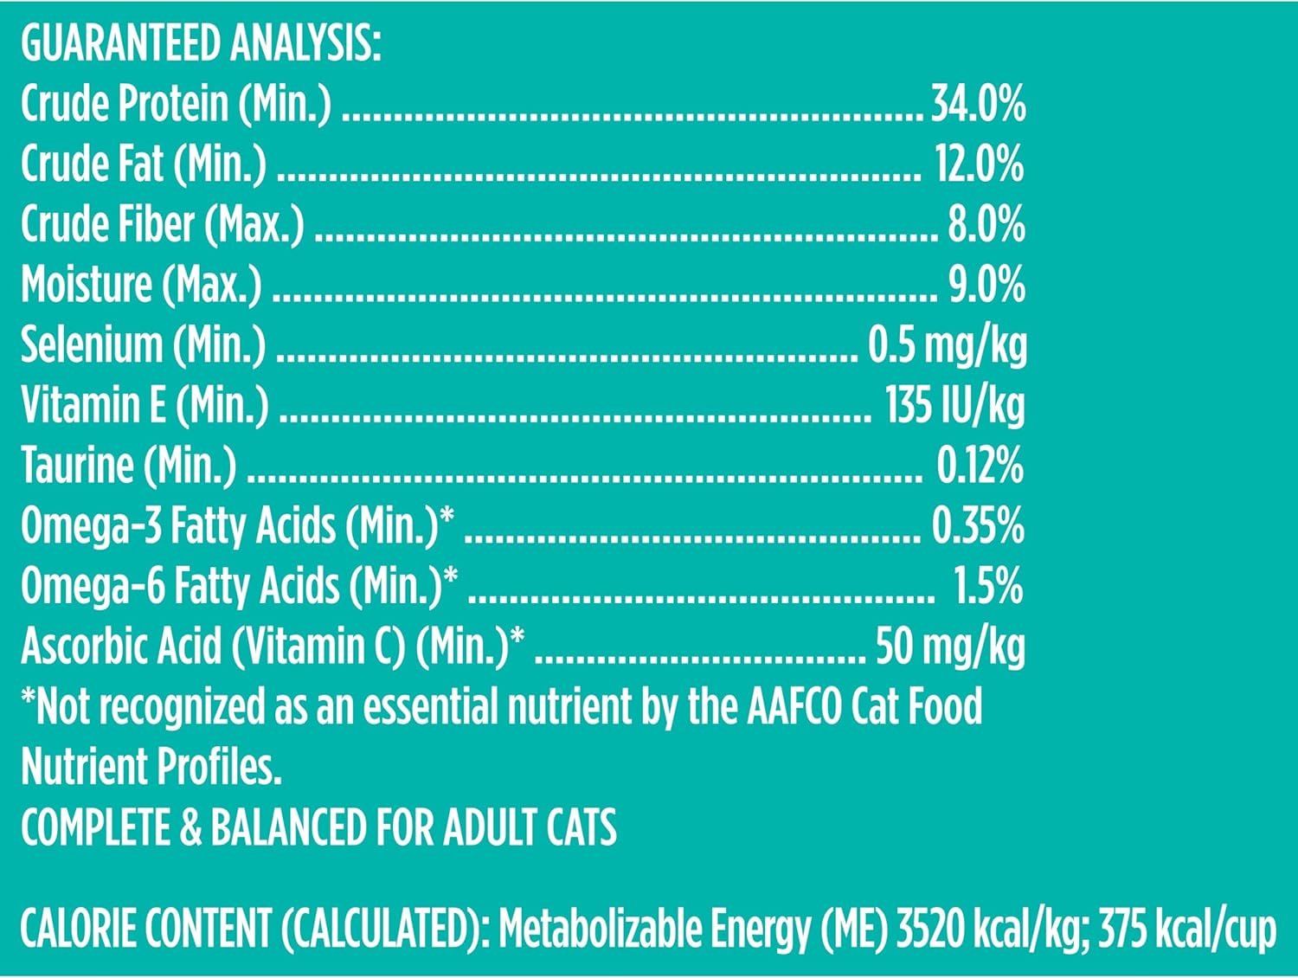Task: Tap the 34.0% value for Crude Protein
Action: coord(978,104)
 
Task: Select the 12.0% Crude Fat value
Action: coord(980,164)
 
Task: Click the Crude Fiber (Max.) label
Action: coord(163,225)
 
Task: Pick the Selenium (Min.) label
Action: coord(144,345)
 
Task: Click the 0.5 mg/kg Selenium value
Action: coord(948,345)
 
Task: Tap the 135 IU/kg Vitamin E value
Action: coord(954,405)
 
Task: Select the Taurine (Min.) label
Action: coord(128,466)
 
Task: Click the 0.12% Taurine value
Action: coord(980,466)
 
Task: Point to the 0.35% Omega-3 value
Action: coord(978,526)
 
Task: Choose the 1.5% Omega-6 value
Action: coord(988,586)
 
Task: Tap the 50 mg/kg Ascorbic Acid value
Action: coord(950,647)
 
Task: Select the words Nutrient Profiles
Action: coord(151,767)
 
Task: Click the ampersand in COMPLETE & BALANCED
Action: coord(190,827)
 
